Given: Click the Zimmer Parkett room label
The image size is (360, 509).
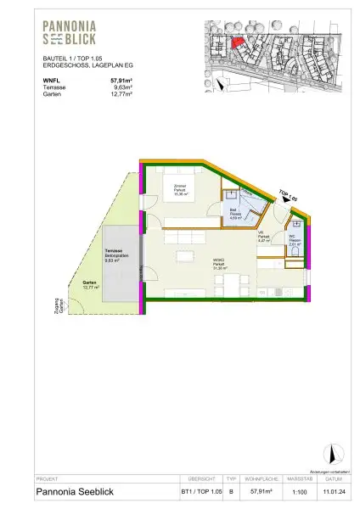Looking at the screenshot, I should click(179, 192).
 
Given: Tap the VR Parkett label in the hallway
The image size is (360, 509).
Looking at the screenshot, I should click(263, 238).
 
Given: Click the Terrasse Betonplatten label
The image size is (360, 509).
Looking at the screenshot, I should click(114, 257).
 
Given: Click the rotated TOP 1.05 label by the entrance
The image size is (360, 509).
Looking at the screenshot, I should click(290, 197).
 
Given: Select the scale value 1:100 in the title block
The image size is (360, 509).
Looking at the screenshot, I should click(295, 490).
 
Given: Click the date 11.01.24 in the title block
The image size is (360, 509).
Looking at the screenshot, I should click(333, 490).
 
